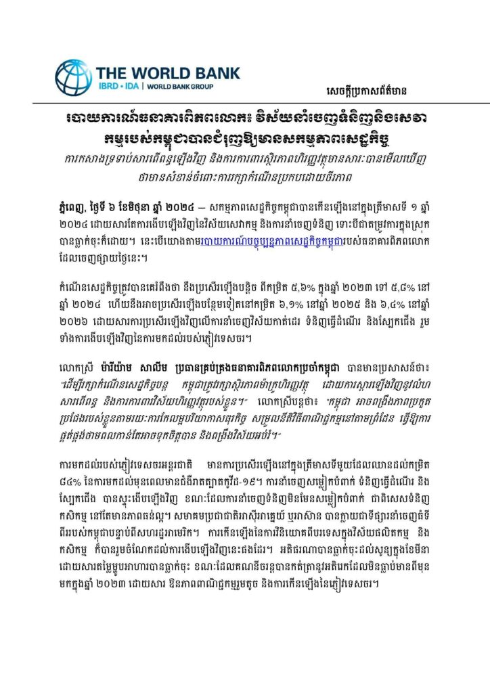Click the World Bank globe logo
click(73, 77)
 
